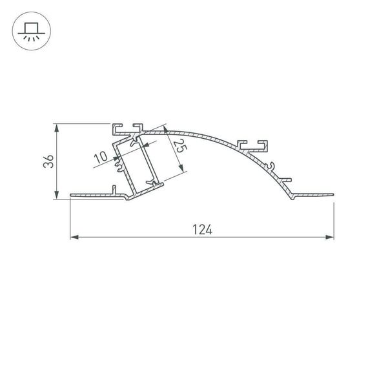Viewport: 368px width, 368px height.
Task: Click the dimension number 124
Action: point(202,229)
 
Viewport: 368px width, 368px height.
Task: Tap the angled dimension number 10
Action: point(100,157)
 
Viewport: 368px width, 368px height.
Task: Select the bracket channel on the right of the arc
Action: point(252,143)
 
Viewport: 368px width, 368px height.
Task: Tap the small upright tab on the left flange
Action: point(114,189)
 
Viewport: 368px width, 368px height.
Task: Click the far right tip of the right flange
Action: point(334,193)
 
